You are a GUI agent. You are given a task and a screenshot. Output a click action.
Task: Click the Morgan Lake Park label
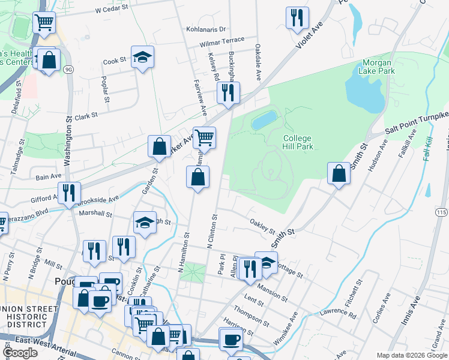[378, 67]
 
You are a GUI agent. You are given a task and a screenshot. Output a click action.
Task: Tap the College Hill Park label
[297, 142]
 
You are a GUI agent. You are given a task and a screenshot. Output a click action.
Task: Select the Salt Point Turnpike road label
[417, 124]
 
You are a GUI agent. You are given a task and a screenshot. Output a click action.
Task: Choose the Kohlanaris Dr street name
[206, 29]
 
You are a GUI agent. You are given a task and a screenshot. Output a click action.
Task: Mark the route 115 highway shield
[442, 212]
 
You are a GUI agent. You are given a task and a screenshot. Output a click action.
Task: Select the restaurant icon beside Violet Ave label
[297, 18]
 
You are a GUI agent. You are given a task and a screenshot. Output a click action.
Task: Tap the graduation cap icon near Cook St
[142, 57]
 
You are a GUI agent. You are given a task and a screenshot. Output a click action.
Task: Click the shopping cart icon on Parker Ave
[204, 137]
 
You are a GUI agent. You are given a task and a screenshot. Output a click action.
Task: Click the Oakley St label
[262, 227]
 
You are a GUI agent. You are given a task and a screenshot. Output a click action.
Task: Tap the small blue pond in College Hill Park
[264, 120]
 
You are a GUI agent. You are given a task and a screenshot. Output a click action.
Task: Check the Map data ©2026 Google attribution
[411, 355]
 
